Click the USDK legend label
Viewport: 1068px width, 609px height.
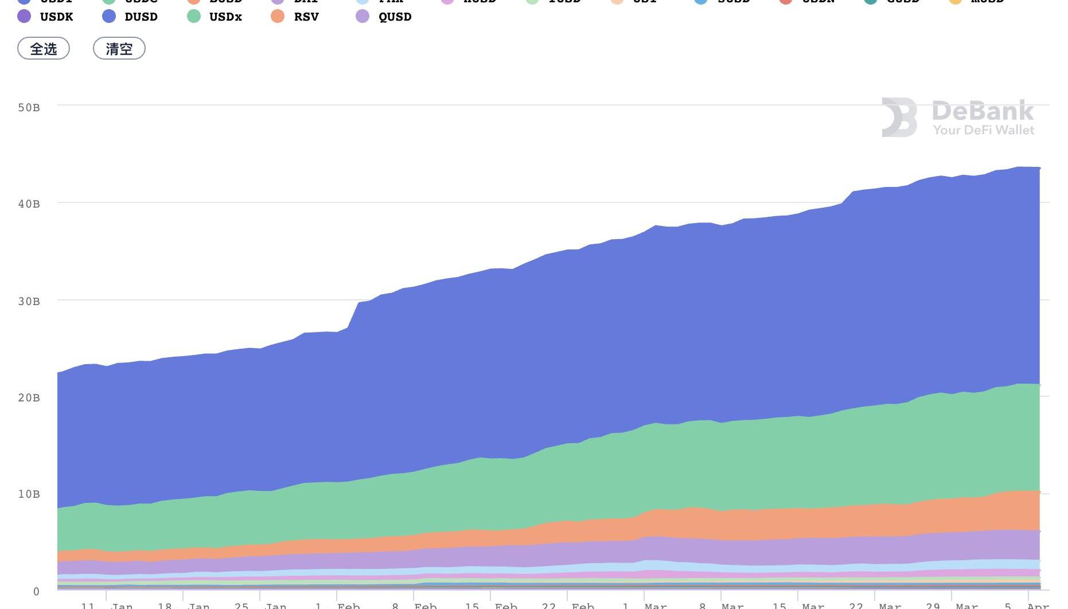tap(56, 17)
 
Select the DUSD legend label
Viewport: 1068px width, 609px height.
tap(141, 17)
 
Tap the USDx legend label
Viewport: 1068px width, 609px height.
tap(225, 17)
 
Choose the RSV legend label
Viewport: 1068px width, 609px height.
tap(306, 17)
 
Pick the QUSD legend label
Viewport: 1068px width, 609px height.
tap(395, 17)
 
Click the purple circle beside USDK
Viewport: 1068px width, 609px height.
tap(24, 16)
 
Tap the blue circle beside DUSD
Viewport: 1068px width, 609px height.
tap(109, 16)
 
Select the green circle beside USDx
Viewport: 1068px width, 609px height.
tap(194, 16)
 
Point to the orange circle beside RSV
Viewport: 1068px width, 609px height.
tap(278, 16)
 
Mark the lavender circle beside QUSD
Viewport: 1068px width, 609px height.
tap(363, 16)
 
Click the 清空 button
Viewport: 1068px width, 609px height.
tap(119, 49)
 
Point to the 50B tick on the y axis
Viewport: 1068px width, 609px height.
tap(29, 108)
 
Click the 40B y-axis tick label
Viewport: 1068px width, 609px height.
tap(29, 204)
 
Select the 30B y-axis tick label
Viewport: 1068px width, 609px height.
tap(29, 302)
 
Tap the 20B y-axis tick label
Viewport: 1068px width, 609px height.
tap(29, 398)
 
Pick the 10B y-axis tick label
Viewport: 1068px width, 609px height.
tap(29, 494)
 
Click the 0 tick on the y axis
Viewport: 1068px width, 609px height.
tap(36, 591)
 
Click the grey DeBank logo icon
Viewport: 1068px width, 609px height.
tap(899, 118)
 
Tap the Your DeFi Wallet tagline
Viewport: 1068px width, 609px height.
tap(983, 130)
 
